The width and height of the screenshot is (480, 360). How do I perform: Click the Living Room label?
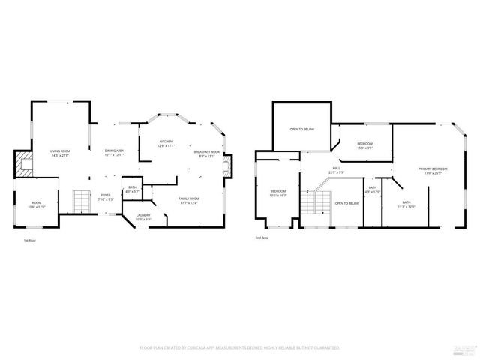(x=60, y=153)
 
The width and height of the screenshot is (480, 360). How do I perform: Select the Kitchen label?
(x=166, y=143)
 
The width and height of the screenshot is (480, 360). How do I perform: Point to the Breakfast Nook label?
(x=206, y=154)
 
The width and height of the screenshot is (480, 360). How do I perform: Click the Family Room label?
(x=188, y=200)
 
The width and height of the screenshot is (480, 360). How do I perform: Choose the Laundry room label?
(x=142, y=217)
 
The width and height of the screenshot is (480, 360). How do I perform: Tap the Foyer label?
(x=106, y=197)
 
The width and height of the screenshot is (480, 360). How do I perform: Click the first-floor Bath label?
(x=132, y=189)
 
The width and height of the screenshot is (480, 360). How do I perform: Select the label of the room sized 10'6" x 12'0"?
(x=36, y=204)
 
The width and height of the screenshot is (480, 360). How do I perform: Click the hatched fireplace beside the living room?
(x=24, y=163)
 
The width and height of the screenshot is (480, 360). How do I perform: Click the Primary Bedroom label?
(x=433, y=171)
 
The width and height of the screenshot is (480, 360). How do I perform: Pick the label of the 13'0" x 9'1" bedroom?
(x=364, y=145)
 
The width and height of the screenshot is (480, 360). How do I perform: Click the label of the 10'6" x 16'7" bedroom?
(x=279, y=193)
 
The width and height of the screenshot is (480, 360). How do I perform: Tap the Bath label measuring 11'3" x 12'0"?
(x=406, y=204)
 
